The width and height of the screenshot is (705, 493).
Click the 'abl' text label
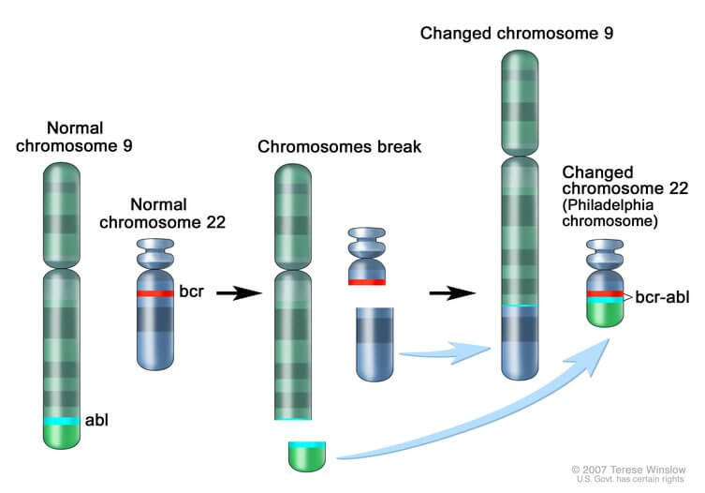[97, 422]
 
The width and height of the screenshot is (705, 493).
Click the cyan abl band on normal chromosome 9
[62, 422]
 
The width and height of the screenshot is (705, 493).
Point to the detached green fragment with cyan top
[307, 455]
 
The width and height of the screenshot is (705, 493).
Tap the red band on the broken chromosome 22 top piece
[367, 281]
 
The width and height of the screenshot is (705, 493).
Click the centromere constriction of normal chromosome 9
[62, 267]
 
